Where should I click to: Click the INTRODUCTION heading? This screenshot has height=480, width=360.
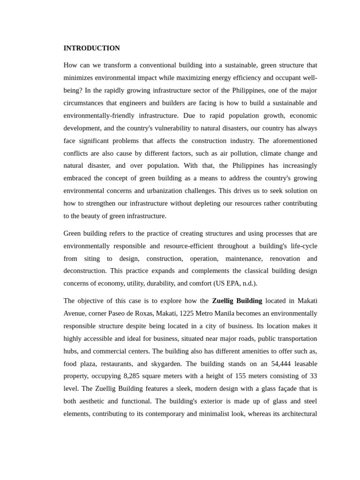pos(91,48)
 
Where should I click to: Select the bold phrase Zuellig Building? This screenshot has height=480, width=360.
pos(237,301)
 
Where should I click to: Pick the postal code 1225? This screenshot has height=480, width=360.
pos(187,314)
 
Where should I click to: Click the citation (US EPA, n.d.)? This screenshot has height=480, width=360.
pos(235,284)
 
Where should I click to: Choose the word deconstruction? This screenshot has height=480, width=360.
pos(84,271)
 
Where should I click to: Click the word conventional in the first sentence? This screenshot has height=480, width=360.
pos(161,65)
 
